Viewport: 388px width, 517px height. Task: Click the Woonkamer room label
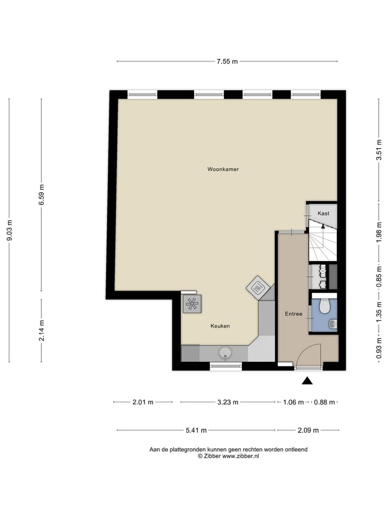point(223,169)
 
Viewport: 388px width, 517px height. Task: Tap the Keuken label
point(220,326)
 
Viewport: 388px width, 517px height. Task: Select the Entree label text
point(293,314)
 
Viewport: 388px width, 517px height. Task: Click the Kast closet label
point(323,214)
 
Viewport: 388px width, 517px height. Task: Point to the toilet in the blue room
point(324,306)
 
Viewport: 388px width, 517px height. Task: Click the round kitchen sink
point(224,353)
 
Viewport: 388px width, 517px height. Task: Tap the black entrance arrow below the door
point(307,381)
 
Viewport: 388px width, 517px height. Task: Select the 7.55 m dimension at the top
point(227,61)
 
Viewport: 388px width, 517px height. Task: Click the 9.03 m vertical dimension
point(9,232)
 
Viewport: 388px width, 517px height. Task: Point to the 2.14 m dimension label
point(42,330)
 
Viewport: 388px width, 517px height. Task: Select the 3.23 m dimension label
point(227,402)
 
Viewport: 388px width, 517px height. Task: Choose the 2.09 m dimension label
point(308,430)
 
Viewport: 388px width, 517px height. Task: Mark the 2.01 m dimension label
point(143,402)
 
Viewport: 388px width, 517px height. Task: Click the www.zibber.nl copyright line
point(228,456)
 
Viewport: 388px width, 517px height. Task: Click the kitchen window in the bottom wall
point(226,367)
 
